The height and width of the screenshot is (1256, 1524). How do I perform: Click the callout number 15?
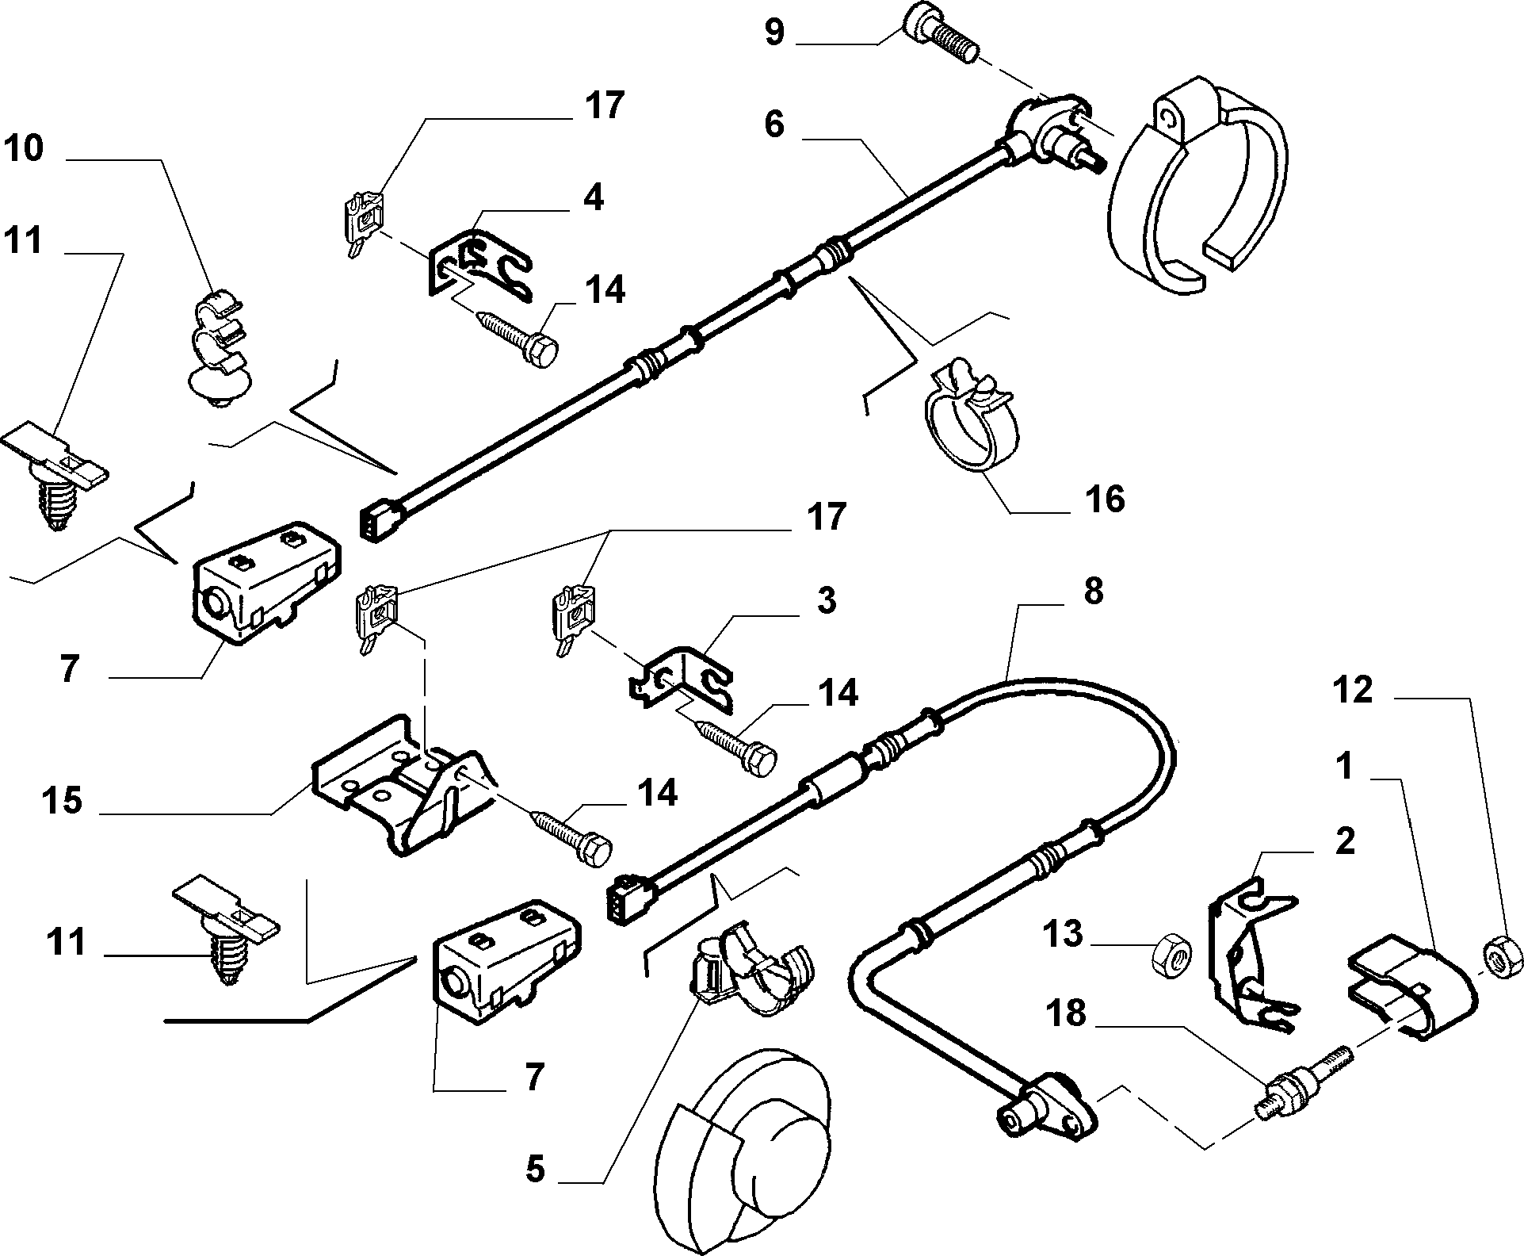point(63,801)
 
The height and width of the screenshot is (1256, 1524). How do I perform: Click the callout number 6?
point(774,125)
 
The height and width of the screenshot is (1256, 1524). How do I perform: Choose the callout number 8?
point(1093,592)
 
